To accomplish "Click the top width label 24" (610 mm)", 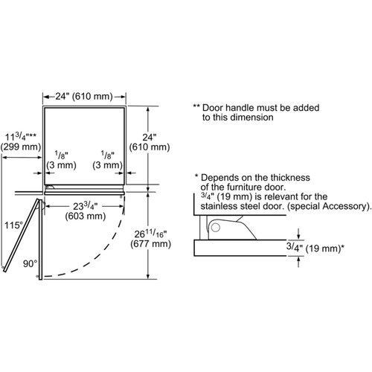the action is (x=84, y=96).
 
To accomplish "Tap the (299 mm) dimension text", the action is (x=21, y=147).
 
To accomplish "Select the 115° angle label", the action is (x=13, y=225).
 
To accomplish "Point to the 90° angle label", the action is (x=30, y=263).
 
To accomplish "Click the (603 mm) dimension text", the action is (x=86, y=217).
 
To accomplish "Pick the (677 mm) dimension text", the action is (x=151, y=244).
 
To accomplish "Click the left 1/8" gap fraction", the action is (x=61, y=155).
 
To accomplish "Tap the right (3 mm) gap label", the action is (x=108, y=165).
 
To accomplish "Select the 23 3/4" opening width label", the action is (x=86, y=206).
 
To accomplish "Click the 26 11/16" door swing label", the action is (x=150, y=234).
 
